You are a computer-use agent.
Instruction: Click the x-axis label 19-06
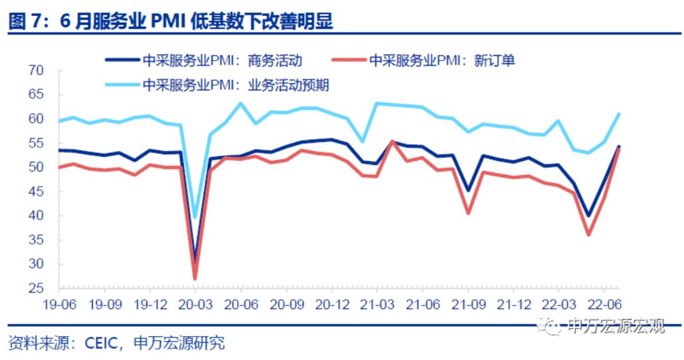tap(58, 302)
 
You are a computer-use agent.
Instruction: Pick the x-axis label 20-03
tap(195, 302)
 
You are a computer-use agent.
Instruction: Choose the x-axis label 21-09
tap(468, 302)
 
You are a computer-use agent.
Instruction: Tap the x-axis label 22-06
tap(605, 302)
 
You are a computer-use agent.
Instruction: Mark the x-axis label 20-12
tap(331, 302)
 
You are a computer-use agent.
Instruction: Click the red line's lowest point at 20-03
tap(195, 279)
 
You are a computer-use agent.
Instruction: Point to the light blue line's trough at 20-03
tap(195, 217)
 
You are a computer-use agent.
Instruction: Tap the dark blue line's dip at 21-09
tap(468, 190)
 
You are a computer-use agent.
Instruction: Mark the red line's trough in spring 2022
tap(588, 234)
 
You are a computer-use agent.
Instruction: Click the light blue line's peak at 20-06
tap(240, 103)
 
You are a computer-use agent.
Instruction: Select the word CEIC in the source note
tap(102, 343)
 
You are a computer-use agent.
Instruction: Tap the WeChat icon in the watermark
tap(553, 327)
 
